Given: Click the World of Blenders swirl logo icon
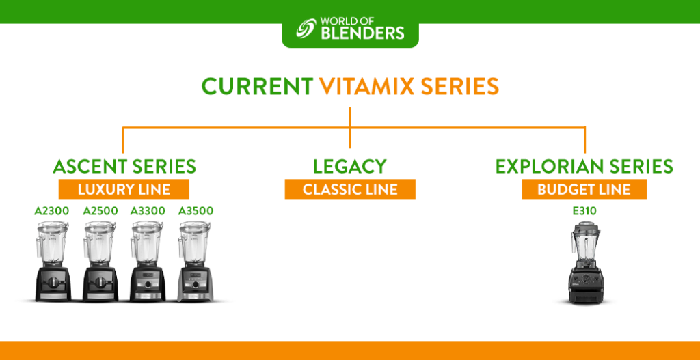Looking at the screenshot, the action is click(x=306, y=28).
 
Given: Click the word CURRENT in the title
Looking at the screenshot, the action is click(x=257, y=87).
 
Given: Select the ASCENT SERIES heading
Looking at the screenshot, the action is click(x=124, y=167).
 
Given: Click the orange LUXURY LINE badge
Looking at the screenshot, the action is click(x=124, y=190).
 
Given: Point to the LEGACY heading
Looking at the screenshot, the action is click(x=349, y=167).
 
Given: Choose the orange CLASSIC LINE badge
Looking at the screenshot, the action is click(x=350, y=190).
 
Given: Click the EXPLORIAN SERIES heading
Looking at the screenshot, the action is click(x=584, y=167).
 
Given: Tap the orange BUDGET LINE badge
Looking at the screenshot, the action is click(x=584, y=190).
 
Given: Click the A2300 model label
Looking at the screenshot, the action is click(x=52, y=211).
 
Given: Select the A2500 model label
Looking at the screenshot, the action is click(x=100, y=211).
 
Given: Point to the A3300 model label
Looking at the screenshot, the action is click(x=148, y=211).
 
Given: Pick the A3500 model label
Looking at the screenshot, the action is click(x=196, y=211).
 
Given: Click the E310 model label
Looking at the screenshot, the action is click(x=584, y=211).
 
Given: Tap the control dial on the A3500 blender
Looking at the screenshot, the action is click(x=195, y=284).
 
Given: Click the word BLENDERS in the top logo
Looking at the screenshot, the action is click(x=362, y=33).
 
